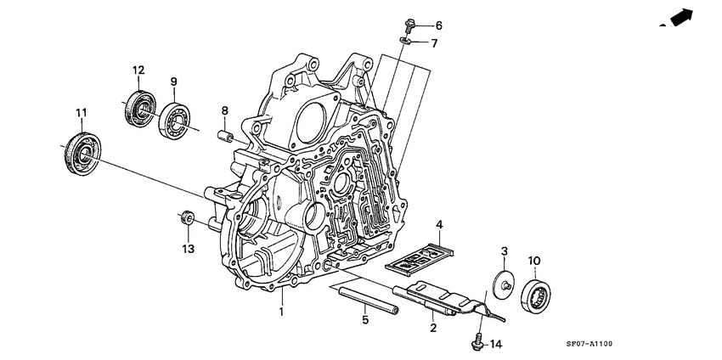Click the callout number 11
(82, 113)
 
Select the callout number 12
(138, 70)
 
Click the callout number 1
(281, 312)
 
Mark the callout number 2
(432, 327)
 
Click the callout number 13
(187, 249)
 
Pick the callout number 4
(440, 224)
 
